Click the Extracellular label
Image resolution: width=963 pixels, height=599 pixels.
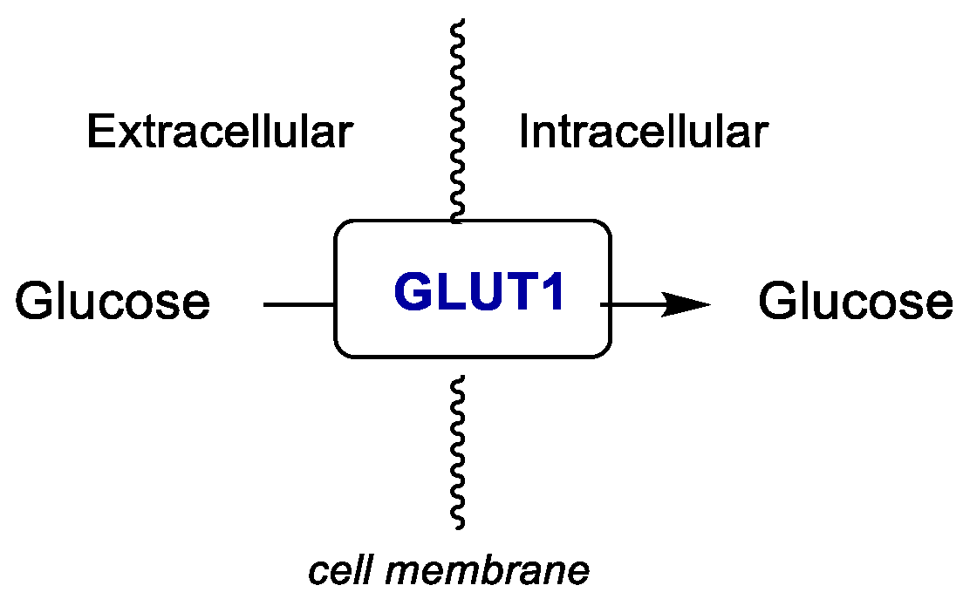220,133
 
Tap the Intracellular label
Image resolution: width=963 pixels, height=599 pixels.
643,133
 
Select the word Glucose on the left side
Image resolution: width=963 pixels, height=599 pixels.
113,302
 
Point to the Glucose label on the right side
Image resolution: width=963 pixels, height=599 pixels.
855,302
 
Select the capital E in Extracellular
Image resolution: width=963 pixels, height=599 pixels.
98,133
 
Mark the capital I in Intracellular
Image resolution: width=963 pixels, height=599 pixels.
525,133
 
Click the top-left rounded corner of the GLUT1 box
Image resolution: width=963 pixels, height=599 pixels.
342,228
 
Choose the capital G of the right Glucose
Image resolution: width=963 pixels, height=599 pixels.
775,302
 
